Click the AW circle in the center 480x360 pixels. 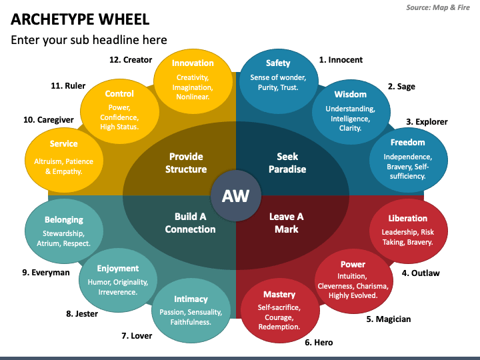[x=235, y=196]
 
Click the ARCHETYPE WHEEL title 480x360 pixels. [x=80, y=19]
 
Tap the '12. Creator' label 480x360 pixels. [x=131, y=59]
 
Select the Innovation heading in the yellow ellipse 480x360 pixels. [x=193, y=63]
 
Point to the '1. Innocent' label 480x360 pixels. [x=341, y=59]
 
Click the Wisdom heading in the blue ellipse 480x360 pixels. [x=350, y=94]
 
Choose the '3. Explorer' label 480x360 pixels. [x=427, y=122]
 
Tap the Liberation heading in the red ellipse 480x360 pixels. [x=407, y=218]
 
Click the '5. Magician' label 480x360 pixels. [x=389, y=319]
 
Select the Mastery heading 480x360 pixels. [x=279, y=294]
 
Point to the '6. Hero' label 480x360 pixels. [x=319, y=342]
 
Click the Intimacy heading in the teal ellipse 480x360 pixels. [x=191, y=299]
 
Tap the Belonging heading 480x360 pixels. [x=64, y=219]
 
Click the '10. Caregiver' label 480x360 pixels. [x=48, y=119]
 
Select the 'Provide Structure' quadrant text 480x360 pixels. [x=186, y=163]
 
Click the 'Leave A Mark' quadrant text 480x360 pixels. [x=286, y=223]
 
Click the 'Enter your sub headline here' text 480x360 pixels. [x=89, y=39]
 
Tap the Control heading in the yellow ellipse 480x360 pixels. [x=119, y=93]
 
